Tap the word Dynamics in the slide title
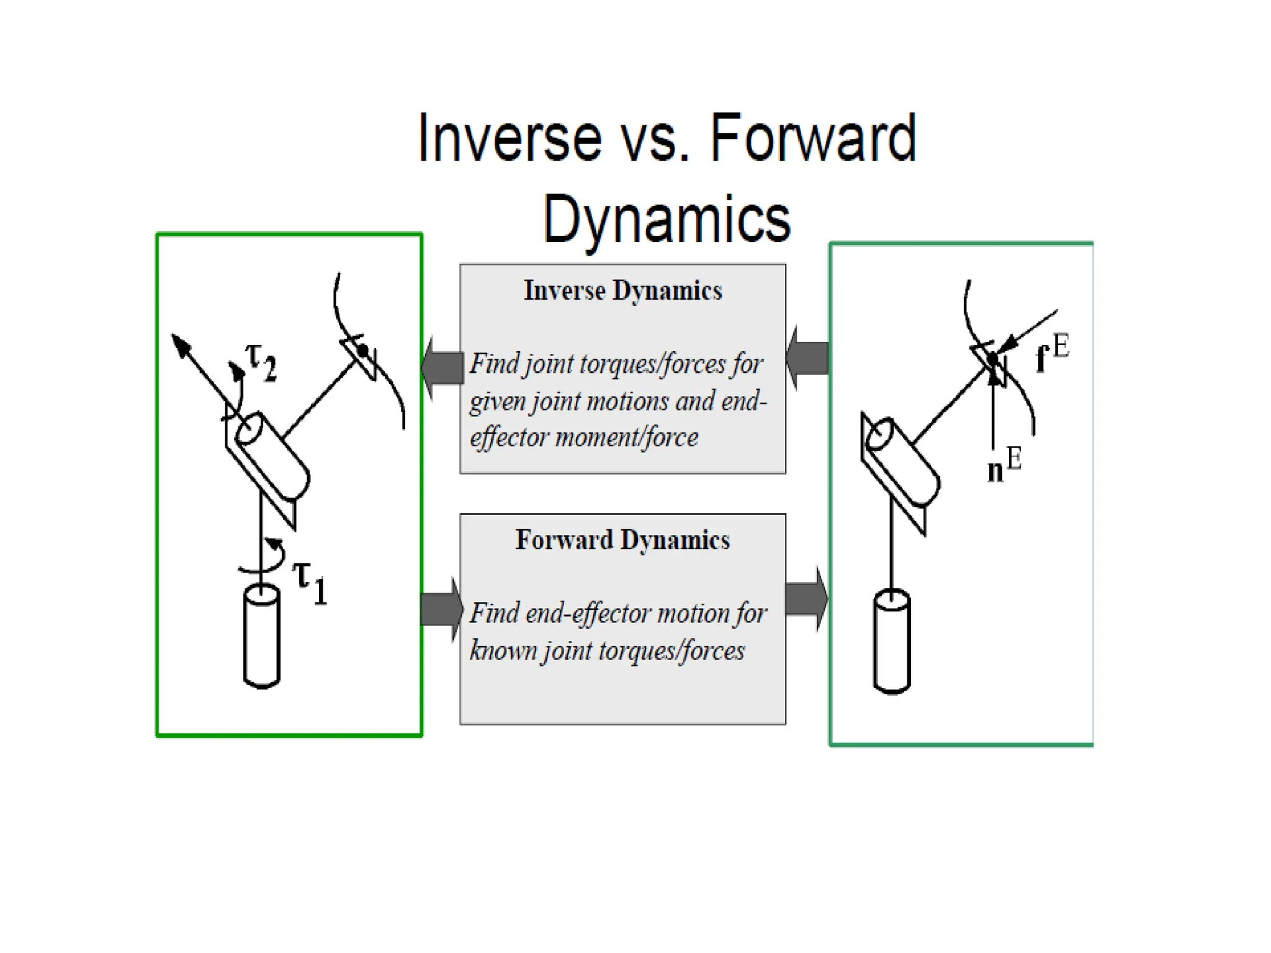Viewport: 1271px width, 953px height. [x=667, y=220]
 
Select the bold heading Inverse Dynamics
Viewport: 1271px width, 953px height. [x=622, y=291]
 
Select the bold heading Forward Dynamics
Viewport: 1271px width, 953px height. [x=622, y=540]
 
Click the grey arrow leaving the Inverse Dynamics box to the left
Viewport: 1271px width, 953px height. [x=442, y=367]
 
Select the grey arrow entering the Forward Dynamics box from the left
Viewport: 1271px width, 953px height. [x=441, y=609]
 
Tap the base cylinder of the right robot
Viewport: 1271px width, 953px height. [x=892, y=642]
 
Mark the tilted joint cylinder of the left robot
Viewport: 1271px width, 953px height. [x=274, y=456]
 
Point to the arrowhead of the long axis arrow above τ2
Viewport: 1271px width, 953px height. [x=180, y=345]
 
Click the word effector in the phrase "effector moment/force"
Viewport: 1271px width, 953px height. [x=509, y=437]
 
